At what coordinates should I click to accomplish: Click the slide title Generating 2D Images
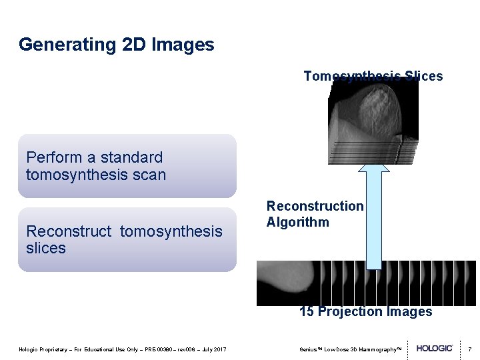click(117, 45)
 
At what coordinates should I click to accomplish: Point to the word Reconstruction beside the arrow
click(315, 207)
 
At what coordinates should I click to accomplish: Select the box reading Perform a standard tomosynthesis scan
click(127, 166)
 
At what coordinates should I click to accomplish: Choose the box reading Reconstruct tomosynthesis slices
click(127, 239)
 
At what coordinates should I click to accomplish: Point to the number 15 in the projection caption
click(307, 311)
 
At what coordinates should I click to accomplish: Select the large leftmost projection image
click(287, 282)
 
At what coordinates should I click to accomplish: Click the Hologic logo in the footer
click(435, 349)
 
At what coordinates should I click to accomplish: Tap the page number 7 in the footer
click(469, 349)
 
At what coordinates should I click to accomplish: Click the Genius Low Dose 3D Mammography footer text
click(351, 349)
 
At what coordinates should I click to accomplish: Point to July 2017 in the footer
click(213, 349)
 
